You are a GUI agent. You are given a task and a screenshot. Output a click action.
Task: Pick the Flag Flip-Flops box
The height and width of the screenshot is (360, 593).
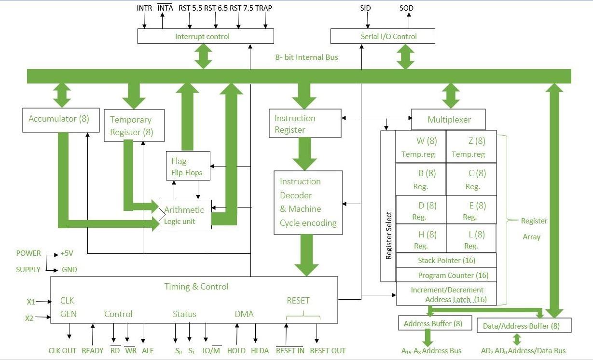pos(188,166)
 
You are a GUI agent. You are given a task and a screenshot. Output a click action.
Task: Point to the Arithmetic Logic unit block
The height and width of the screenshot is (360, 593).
pos(185,215)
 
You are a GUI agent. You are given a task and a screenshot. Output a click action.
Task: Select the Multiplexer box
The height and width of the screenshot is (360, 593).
pos(448,119)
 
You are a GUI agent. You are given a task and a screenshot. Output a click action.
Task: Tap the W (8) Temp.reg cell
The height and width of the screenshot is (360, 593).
pos(420,147)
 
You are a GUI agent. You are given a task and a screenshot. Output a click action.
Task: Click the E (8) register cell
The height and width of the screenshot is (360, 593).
pos(471,211)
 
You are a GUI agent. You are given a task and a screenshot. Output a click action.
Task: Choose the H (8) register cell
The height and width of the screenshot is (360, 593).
pos(420,239)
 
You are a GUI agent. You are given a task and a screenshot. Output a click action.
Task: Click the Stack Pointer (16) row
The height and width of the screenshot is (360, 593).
pos(446,260)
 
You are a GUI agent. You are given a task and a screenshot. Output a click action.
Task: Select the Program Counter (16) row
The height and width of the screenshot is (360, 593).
pos(446,275)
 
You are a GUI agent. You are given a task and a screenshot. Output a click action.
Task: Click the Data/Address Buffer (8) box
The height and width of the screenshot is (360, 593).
pos(524,326)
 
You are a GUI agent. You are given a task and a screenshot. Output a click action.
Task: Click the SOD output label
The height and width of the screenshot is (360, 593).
pos(406,8)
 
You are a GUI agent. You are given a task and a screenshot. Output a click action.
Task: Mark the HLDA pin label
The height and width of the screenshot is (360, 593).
pos(261,351)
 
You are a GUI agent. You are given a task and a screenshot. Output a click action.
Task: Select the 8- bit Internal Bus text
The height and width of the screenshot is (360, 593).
pos(306,57)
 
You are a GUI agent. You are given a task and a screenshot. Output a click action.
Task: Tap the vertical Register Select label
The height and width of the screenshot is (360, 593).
pos(388,235)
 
